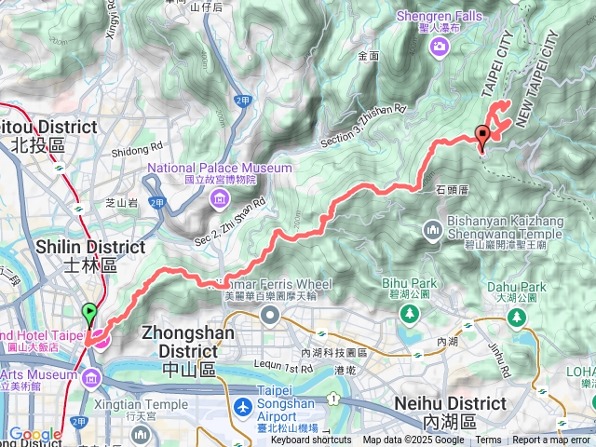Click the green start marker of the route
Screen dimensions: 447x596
tap(89, 314)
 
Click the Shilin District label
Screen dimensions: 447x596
tap(89, 254)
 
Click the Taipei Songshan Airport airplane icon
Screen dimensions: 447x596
tap(243, 407)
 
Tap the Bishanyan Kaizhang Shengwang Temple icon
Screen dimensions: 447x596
tap(432, 229)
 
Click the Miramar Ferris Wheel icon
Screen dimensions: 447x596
tap(271, 315)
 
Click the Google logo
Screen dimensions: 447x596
tap(34, 434)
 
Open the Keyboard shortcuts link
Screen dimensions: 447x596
tap(312, 440)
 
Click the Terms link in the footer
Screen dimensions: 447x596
tap(488, 440)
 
